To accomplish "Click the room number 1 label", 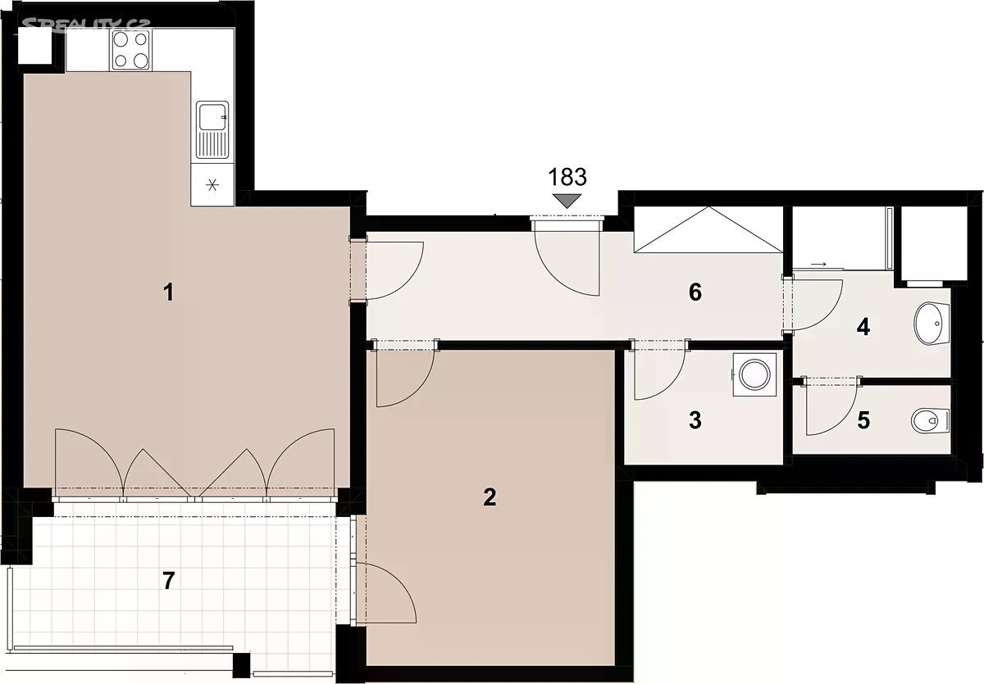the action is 169,292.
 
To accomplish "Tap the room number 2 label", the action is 490,497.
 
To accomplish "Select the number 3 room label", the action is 695,420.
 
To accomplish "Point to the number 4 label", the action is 863,328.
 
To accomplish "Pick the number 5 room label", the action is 863,420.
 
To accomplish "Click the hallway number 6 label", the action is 695,292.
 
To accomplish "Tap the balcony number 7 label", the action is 169,581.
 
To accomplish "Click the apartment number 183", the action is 567,177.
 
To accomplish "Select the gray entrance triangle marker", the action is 567,201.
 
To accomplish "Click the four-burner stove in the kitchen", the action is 131,50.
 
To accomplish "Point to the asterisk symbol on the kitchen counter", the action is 212,185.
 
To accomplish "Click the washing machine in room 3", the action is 754,374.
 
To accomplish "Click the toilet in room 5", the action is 930,421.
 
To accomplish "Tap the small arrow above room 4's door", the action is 818,265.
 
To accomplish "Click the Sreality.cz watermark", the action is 86,25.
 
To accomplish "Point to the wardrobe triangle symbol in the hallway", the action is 708,229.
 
